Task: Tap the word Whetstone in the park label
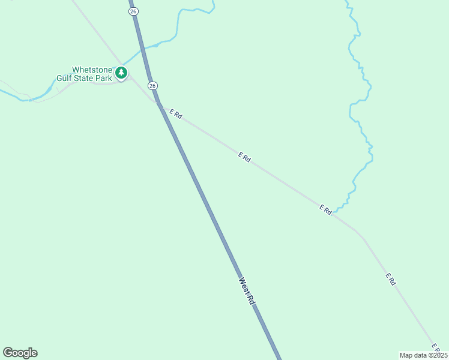click(x=92, y=70)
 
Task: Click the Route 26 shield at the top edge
click(x=133, y=11)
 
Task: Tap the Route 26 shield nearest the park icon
click(x=153, y=86)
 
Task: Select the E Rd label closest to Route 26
click(x=175, y=113)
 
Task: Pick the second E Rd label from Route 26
click(x=244, y=157)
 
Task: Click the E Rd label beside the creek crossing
click(x=325, y=209)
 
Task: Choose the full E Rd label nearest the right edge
click(x=391, y=279)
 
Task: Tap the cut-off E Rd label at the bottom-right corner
click(x=437, y=347)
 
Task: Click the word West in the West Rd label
click(x=243, y=284)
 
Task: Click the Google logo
click(x=20, y=353)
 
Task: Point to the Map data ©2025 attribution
click(x=423, y=355)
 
